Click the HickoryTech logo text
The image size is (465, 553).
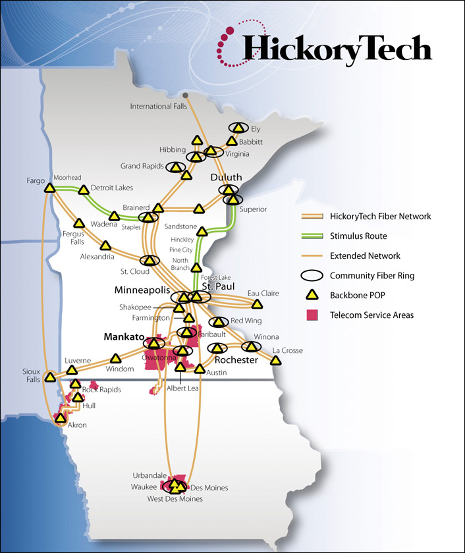(x=337, y=48)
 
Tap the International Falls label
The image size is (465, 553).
(x=157, y=107)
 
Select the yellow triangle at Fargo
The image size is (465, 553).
(x=49, y=188)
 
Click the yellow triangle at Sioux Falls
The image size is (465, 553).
(x=50, y=378)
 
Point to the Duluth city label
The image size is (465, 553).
(x=227, y=178)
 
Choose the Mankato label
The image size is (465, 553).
(x=123, y=336)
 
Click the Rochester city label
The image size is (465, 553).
(x=236, y=360)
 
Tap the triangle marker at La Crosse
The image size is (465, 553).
(x=275, y=360)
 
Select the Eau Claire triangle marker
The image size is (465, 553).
(x=257, y=304)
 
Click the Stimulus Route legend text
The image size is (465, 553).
(x=358, y=236)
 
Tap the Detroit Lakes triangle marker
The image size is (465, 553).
(x=84, y=191)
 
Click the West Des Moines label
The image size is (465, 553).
(x=175, y=499)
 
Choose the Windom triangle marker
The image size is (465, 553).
(x=117, y=359)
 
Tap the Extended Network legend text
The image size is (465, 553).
(x=365, y=255)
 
